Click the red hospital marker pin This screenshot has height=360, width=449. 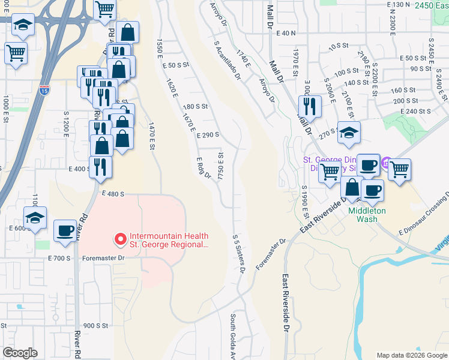(x=120, y=239)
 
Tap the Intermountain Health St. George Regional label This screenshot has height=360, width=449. (x=168, y=241)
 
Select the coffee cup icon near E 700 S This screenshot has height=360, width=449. (x=65, y=230)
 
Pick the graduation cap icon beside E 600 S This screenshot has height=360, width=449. (x=35, y=218)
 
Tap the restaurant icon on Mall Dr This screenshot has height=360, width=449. (x=310, y=106)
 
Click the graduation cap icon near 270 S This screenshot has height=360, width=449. (x=349, y=133)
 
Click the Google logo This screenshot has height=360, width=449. (x=20, y=353)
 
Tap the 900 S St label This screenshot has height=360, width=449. (x=95, y=325)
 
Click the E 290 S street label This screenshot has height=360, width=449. (x=208, y=136)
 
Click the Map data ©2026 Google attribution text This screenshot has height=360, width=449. (x=412, y=355)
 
